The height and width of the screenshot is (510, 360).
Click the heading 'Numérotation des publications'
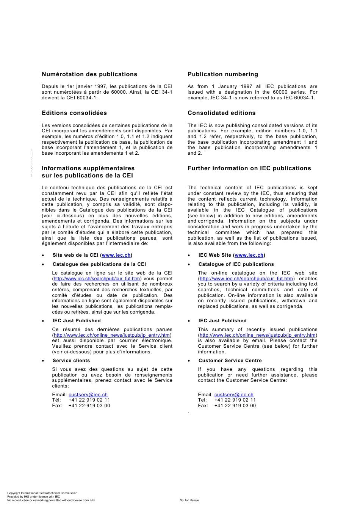[x=89, y=74]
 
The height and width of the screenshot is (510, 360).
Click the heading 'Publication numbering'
[x=223, y=74]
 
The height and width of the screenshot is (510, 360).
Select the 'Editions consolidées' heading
[x=74, y=113]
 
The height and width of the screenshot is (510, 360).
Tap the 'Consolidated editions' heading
[x=222, y=113]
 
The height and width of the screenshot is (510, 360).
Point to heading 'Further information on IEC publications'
[x=249, y=168]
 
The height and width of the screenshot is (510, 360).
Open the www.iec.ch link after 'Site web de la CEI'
[x=116, y=255]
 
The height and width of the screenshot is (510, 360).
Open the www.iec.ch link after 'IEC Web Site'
[x=249, y=255]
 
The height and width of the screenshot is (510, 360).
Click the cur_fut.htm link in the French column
[x=97, y=279]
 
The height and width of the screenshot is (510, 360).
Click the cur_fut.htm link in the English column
[x=246, y=279]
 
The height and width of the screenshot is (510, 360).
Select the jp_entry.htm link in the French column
[x=112, y=335]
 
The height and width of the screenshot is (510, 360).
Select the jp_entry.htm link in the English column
[x=258, y=335]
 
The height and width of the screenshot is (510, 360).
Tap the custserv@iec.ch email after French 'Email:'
[x=88, y=395]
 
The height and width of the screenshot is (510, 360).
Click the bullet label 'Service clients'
[x=71, y=361]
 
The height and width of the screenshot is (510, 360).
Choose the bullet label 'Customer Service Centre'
[x=230, y=361]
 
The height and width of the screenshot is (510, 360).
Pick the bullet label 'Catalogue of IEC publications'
[x=236, y=264]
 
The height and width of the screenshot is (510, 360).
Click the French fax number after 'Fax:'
[x=89, y=406]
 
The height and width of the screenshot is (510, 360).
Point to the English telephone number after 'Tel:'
[x=235, y=400]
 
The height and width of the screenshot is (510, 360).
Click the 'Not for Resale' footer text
[x=189, y=500]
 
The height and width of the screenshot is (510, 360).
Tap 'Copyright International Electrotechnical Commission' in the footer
[x=42, y=493]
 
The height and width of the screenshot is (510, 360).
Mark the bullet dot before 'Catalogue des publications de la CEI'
[x=43, y=265]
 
